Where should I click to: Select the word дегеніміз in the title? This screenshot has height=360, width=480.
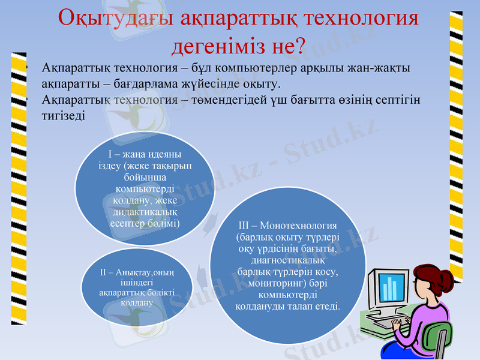pyautogui.click(x=222, y=45)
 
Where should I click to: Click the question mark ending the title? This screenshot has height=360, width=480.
pyautogui.click(x=300, y=45)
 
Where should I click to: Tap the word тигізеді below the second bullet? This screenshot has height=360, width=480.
pyautogui.click(x=64, y=115)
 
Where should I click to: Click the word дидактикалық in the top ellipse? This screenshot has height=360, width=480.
pyautogui.click(x=145, y=212)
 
